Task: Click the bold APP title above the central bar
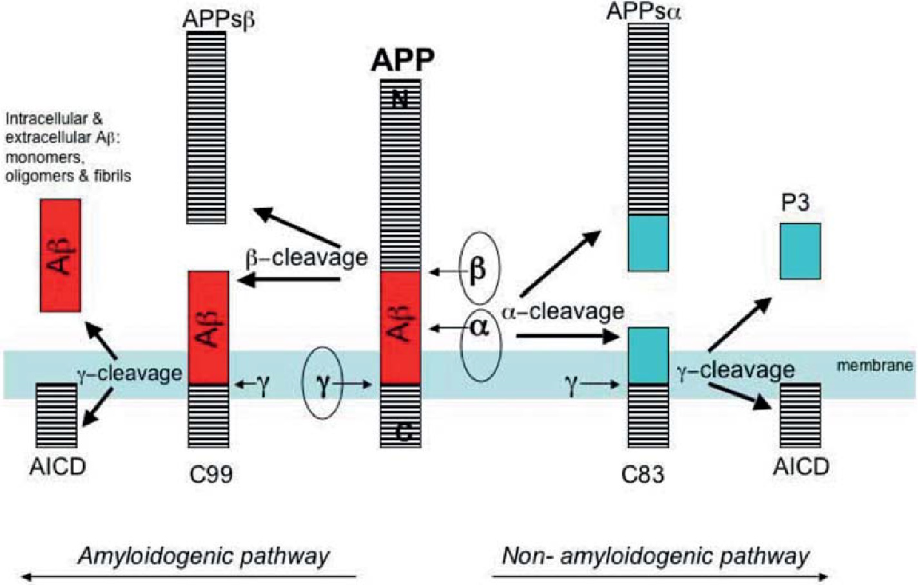402,61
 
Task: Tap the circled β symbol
478,269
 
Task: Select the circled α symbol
479,327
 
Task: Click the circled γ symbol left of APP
322,384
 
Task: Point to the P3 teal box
800,251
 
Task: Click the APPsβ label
219,19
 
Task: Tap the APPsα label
643,12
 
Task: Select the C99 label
211,475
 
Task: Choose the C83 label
643,475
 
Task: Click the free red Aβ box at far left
61,255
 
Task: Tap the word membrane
875,366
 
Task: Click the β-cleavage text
306,258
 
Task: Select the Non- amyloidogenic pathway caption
656,555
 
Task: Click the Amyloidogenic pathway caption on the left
204,555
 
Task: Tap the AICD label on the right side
801,466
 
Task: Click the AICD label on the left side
57,466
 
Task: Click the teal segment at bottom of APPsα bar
649,243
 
